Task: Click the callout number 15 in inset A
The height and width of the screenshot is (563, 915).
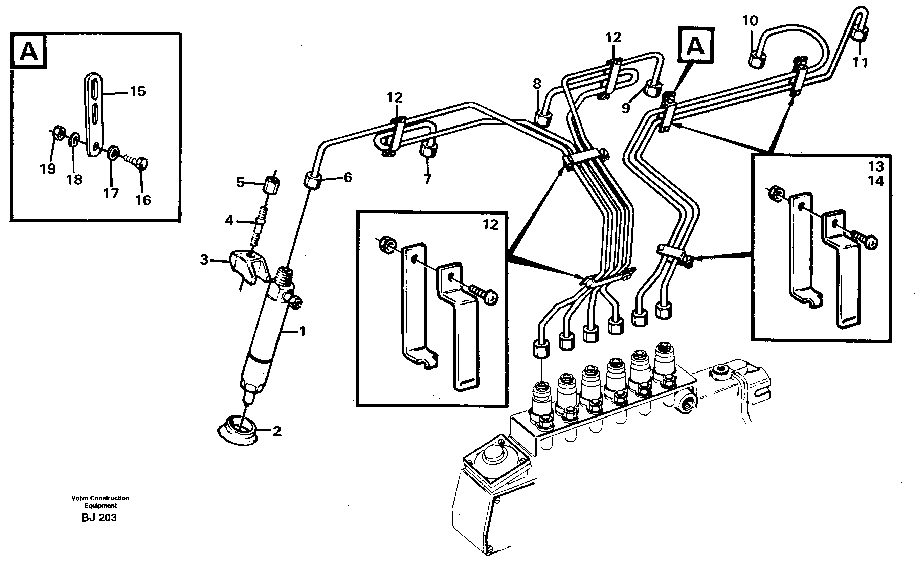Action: [138, 91]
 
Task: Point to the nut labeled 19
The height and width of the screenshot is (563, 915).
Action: [59, 132]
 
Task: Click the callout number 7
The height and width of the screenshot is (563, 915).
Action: [427, 179]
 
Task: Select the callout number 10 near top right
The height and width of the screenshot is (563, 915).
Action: [750, 21]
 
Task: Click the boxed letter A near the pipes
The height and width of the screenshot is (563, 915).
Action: [695, 46]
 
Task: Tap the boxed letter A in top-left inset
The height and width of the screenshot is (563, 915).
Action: [29, 51]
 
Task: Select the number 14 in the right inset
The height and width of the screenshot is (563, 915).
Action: [875, 181]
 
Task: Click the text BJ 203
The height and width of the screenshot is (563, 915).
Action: [99, 518]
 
